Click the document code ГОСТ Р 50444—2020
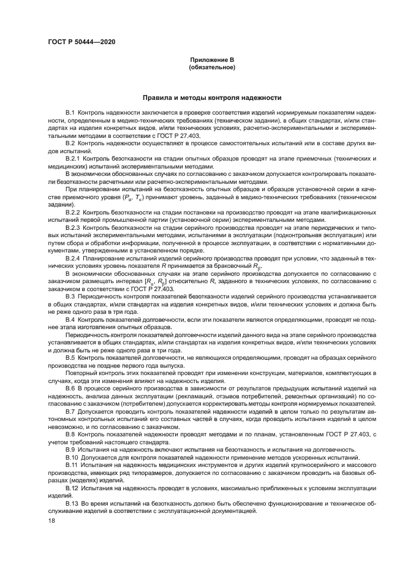(81, 42)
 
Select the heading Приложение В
(212, 59)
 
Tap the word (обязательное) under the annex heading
(212, 66)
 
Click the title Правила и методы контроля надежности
(212, 97)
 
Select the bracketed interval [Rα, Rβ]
(151, 281)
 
